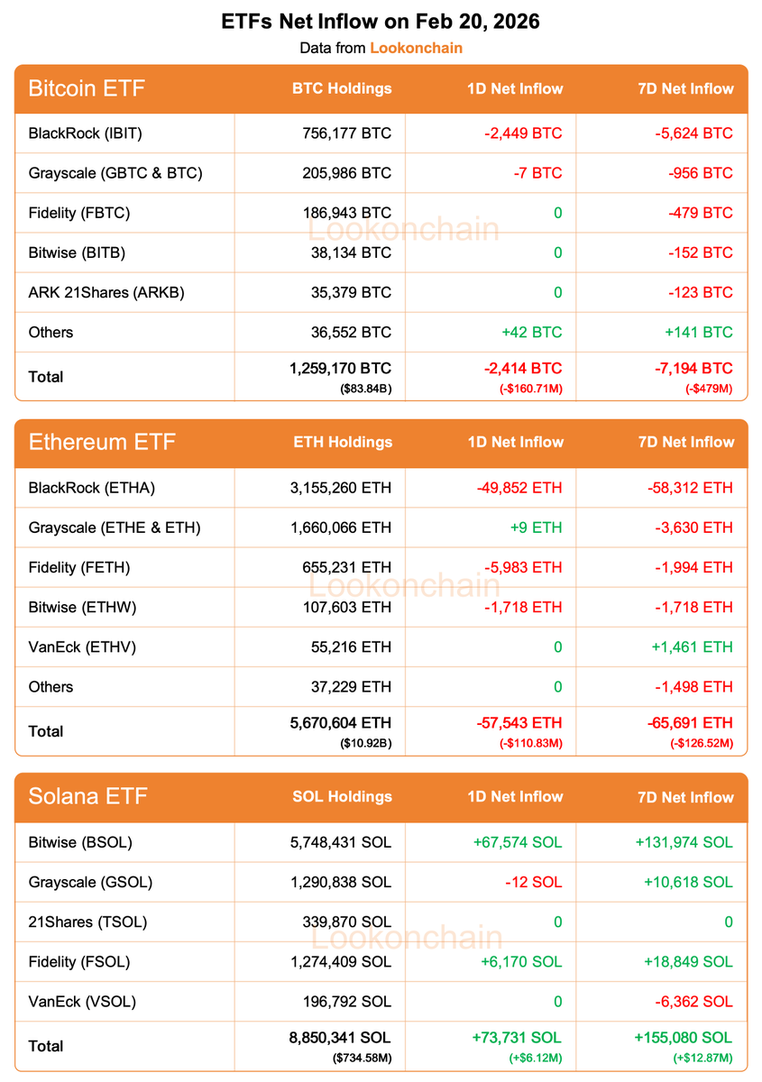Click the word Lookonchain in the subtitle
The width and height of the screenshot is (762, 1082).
coord(416,48)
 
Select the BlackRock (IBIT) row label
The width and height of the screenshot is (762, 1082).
coord(86,133)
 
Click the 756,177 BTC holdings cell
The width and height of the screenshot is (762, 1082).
coord(347,133)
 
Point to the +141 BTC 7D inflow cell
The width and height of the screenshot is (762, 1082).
coord(699,332)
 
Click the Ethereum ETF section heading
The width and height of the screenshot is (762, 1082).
coord(102,442)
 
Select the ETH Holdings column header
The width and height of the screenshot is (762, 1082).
coord(343,442)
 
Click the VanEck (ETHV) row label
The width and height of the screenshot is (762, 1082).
coord(82,646)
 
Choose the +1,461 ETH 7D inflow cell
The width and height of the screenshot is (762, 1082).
coord(692,646)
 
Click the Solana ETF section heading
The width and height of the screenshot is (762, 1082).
coord(87,796)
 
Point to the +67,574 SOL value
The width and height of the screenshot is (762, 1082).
coord(517,842)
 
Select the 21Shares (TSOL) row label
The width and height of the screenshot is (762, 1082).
coord(87,922)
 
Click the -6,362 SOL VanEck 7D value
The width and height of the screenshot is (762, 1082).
coord(693,1001)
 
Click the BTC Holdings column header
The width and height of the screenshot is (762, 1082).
coord(342,88)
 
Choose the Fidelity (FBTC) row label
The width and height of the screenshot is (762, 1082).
coord(79,213)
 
